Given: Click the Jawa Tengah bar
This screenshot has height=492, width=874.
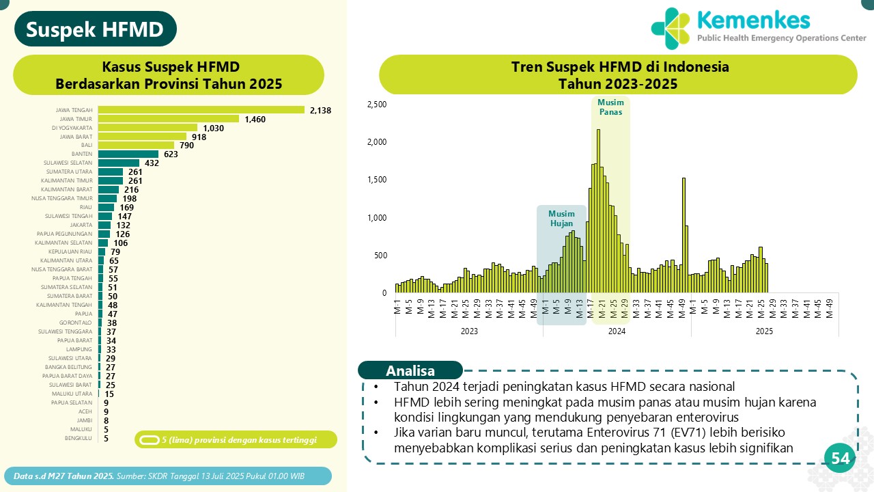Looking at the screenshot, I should (201, 110).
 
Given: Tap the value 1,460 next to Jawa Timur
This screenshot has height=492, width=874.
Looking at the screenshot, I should (254, 119).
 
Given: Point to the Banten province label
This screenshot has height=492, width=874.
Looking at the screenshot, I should (82, 154).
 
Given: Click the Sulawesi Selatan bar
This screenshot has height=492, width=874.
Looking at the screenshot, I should (119, 163).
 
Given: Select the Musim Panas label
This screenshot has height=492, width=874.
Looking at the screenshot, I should (610, 107).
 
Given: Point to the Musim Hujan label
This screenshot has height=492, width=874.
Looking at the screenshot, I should (561, 218).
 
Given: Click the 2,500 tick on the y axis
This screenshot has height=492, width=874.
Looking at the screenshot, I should (377, 105).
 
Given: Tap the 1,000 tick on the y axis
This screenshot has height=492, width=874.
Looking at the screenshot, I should (377, 218).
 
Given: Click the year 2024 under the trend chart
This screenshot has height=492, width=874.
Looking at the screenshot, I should (617, 331).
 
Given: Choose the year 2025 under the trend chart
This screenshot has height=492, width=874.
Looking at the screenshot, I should (764, 331).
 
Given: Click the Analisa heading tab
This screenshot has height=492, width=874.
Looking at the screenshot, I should (410, 370).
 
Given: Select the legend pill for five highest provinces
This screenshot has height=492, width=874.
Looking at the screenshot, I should (149, 440).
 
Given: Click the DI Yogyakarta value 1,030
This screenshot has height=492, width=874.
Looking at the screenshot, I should (214, 128).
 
